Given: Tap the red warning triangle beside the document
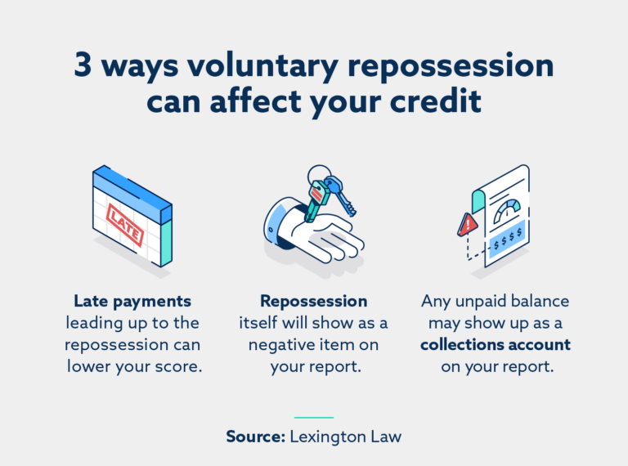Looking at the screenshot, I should click(x=468, y=224).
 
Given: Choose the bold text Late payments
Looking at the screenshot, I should click(x=132, y=301).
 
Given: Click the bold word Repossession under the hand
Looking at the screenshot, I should click(x=313, y=301).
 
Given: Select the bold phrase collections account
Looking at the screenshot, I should click(x=495, y=344).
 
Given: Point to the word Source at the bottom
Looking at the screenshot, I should click(x=255, y=437).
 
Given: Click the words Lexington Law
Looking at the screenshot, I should click(x=345, y=437).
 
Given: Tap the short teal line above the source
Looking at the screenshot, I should click(x=313, y=418).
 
